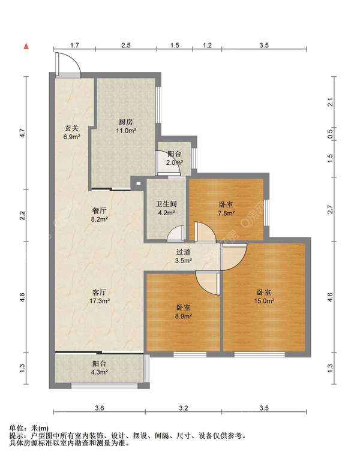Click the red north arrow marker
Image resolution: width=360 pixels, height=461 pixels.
point(26,46)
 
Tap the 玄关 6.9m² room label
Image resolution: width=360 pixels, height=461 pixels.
point(72,132)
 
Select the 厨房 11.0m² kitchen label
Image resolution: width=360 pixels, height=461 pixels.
point(125,126)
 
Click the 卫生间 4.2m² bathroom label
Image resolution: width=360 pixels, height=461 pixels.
point(166,208)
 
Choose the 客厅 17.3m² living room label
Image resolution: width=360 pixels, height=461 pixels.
point(100,296)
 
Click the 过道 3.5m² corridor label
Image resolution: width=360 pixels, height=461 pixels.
point(184,256)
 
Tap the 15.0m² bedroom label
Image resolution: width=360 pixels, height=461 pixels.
point(264,297)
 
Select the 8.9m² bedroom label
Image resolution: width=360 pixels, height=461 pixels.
point(183,312)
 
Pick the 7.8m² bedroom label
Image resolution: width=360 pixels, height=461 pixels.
point(226,209)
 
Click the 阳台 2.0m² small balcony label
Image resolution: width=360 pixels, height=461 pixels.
point(175,158)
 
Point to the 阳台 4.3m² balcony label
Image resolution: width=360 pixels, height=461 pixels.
point(99,368)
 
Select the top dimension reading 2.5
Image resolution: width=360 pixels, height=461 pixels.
point(125,46)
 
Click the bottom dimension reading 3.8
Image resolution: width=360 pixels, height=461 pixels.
point(100,408)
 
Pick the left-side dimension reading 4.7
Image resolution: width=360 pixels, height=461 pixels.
point(22,133)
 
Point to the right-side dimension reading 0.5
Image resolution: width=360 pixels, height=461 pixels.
point(330,134)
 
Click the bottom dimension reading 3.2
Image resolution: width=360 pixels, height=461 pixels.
point(184,408)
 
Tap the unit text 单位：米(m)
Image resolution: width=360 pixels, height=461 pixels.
point(29,428)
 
